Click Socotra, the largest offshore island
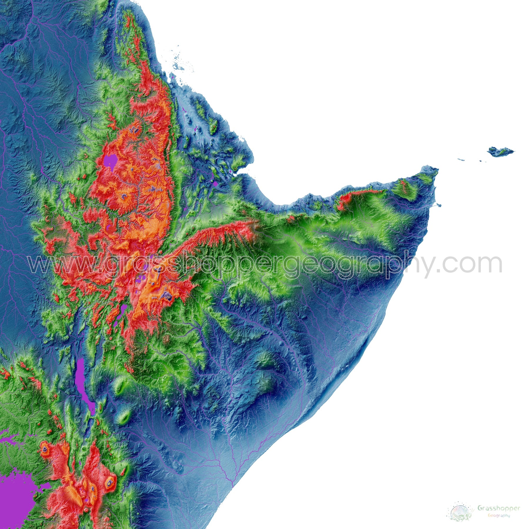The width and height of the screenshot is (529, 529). (500, 152)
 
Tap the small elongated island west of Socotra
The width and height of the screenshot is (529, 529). (461, 160)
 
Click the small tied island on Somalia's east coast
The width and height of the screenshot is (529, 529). (438, 205)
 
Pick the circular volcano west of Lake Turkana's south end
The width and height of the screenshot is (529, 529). (45, 449)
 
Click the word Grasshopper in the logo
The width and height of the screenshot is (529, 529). (498, 508)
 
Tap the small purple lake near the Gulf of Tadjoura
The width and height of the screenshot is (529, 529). (215, 184)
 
